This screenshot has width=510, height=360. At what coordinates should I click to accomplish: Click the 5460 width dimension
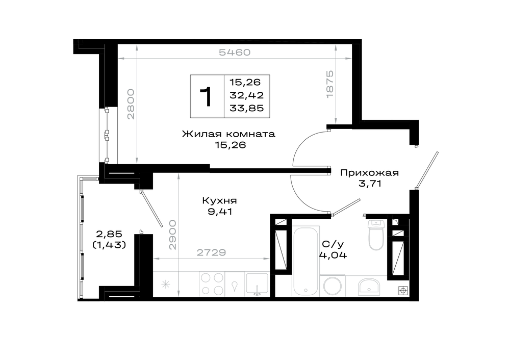click(235, 53)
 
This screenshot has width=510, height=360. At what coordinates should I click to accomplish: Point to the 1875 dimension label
click(330, 84)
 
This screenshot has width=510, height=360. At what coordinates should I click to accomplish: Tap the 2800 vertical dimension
click(131, 104)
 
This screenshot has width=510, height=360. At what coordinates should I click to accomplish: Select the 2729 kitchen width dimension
click(212, 252)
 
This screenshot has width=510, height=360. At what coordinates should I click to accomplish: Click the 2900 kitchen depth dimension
click(172, 235)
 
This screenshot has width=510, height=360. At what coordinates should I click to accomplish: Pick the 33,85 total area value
click(246, 108)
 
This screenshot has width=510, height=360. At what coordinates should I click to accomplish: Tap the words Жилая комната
click(228, 134)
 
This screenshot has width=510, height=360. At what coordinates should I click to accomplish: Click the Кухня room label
click(219, 200)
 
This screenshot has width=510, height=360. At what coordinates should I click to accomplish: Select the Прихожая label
click(369, 173)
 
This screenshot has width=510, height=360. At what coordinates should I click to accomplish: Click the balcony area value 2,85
click(109, 234)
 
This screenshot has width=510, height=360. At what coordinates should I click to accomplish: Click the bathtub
click(305, 261)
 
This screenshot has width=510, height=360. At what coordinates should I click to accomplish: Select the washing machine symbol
click(333, 286)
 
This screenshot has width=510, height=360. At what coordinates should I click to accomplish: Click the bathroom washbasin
click(369, 287)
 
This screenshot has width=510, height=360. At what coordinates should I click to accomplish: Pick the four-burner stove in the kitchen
click(212, 284)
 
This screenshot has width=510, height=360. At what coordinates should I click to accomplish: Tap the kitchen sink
click(257, 284)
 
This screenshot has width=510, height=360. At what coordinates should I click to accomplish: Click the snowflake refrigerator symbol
click(166, 285)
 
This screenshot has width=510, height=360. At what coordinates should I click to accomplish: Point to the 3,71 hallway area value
click(370, 184)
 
